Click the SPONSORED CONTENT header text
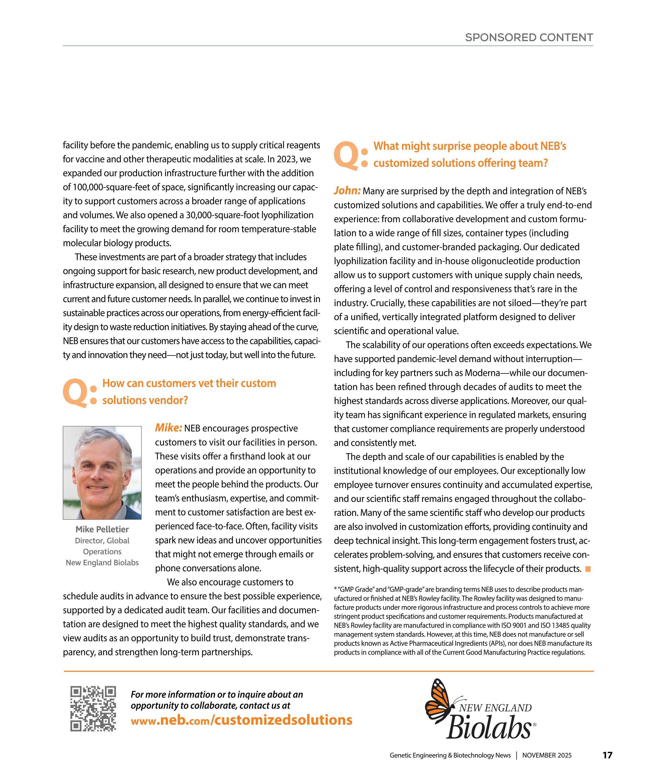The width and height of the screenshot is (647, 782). point(529,38)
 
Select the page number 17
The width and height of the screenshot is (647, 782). point(607,755)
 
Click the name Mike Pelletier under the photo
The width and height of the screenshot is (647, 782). point(102,529)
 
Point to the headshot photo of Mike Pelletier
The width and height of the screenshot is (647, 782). point(102,473)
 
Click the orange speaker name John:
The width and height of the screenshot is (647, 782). point(347,191)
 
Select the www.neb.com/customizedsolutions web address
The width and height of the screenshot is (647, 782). point(241,720)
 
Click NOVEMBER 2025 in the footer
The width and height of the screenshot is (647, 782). point(547,755)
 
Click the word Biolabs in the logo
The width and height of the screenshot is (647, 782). point(489,727)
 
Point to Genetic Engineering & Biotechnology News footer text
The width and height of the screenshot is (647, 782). point(450,755)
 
